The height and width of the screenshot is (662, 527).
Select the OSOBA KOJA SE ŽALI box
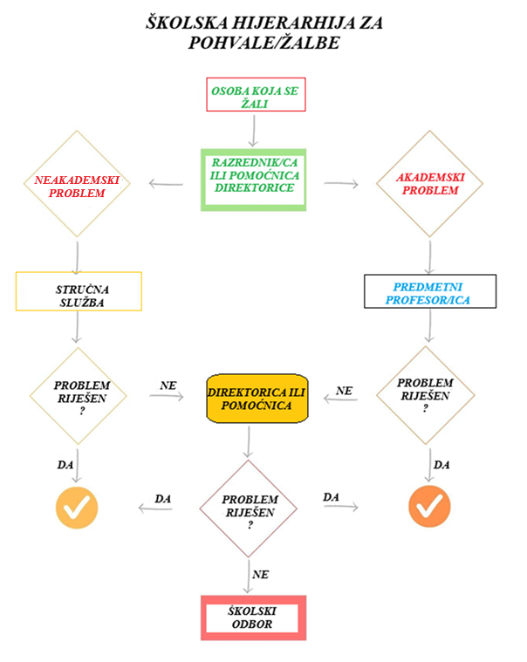pyautogui.click(x=256, y=95)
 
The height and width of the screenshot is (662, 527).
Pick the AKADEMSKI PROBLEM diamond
pyautogui.click(x=428, y=183)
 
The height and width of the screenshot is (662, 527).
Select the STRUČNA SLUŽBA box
pyautogui.click(x=79, y=292)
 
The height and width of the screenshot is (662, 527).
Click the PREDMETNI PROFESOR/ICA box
pyautogui.click(x=429, y=292)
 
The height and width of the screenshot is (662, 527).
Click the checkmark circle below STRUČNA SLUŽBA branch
pyautogui.click(x=77, y=506)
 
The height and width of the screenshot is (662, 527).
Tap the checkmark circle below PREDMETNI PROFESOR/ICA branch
pyautogui.click(x=428, y=506)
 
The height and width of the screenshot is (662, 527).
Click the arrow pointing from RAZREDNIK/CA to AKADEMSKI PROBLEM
pyautogui.click(x=341, y=184)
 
